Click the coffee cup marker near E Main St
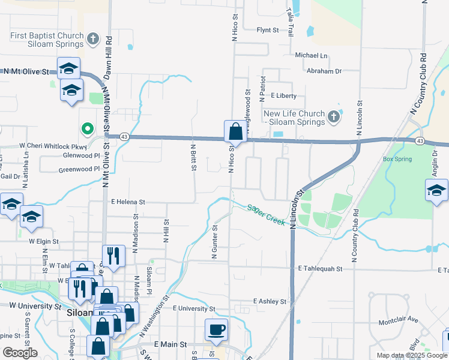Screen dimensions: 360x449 217,329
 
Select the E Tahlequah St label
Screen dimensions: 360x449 319,269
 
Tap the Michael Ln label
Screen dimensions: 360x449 312,55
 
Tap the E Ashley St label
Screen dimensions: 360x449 270,301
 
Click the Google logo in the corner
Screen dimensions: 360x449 20,353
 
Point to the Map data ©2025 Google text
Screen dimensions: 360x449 411,355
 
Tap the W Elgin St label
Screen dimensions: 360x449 44,241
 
